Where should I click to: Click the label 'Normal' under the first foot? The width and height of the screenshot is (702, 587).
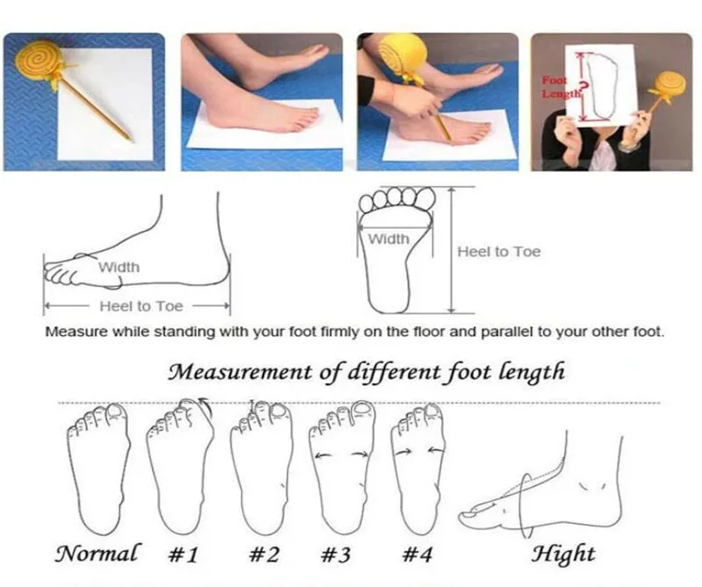pos(97,553)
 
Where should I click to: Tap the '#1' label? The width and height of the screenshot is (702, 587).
pos(183,555)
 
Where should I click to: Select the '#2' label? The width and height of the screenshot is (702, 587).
pos(264,555)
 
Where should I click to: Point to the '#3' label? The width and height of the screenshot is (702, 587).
pos(336,555)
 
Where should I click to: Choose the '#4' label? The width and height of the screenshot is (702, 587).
pos(418,555)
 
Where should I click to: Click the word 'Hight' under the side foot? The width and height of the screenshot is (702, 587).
pos(563,555)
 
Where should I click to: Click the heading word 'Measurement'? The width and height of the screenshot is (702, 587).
pos(240,372)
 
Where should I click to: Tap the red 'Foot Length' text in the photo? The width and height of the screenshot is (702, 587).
pos(555,87)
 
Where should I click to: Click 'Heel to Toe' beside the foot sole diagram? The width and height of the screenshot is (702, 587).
pos(498,252)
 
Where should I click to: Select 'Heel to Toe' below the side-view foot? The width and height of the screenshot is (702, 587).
pos(141,306)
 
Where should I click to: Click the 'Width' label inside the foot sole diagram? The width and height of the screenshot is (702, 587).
pos(389,239)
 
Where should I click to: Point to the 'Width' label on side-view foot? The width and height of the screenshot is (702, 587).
pos(119,268)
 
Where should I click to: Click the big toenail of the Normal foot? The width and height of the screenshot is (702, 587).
pos(116,412)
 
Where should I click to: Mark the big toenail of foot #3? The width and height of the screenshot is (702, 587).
pos(361,408)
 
